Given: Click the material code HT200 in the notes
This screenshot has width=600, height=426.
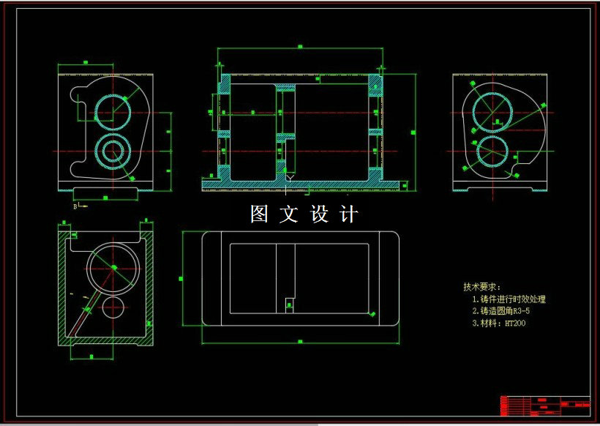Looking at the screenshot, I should (x=515, y=323).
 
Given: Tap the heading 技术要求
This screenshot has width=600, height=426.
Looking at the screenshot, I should (x=480, y=287).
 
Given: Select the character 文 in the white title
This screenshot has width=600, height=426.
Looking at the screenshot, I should (x=290, y=214).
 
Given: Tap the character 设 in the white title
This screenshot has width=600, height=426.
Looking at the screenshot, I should (x=320, y=214).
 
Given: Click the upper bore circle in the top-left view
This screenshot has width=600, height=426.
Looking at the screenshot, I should (x=113, y=111).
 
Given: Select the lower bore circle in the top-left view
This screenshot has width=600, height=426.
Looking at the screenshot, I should (x=113, y=152).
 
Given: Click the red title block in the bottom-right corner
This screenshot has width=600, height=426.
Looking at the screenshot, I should (x=545, y=405).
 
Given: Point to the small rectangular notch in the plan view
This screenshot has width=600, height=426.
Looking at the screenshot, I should (x=289, y=302).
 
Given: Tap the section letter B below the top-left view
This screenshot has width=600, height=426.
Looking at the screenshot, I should (x=75, y=207).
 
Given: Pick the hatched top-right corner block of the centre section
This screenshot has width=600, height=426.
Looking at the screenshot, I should (x=375, y=84).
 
